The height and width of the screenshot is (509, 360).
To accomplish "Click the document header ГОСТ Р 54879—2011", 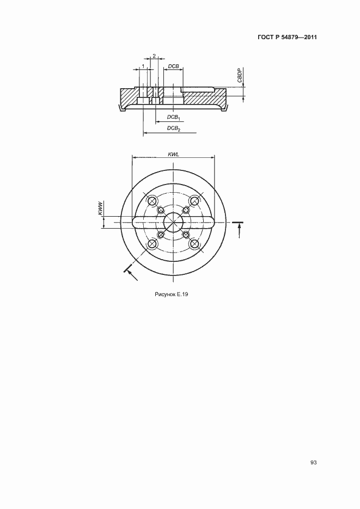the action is point(287,38).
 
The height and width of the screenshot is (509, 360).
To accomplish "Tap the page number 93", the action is point(313,463).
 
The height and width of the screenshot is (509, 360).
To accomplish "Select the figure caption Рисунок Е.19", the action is point(172,295).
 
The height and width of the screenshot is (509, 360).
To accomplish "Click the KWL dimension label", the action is point(173,155).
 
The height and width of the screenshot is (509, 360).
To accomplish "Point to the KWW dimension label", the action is point(100,208).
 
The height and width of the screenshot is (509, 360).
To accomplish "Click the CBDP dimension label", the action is point(240,75).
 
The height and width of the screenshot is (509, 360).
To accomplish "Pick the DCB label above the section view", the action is point(173,66).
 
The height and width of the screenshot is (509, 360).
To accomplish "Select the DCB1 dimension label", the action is point(173,117).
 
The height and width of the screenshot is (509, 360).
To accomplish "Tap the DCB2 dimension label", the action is point(173,128).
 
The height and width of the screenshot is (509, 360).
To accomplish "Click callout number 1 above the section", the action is point(143,66).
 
